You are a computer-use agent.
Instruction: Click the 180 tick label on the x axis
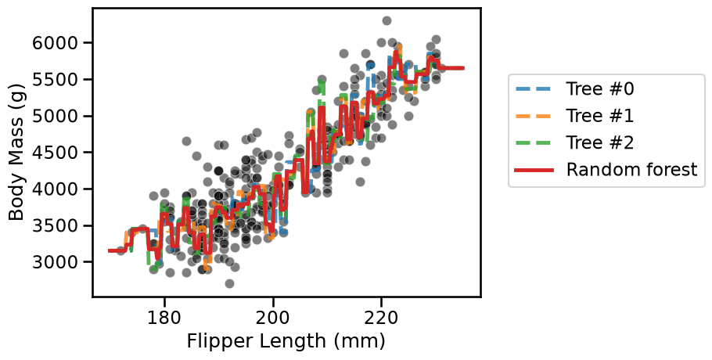point(164,317)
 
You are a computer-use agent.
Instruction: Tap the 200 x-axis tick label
point(273,317)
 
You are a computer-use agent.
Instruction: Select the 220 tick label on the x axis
point(382,317)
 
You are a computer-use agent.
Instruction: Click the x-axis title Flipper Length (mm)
point(286,341)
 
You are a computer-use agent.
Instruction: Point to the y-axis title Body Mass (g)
point(16,152)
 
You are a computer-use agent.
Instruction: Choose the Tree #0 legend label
point(599,89)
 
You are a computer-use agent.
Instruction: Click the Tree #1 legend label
point(599,116)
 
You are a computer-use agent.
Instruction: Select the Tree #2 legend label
point(599,142)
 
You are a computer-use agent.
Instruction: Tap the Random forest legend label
point(631,169)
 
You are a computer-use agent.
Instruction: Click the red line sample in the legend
point(534,171)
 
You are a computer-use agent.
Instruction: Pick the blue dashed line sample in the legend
point(534,89)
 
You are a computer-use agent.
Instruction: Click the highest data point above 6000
point(387,20)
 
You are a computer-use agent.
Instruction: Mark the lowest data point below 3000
point(229,284)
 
